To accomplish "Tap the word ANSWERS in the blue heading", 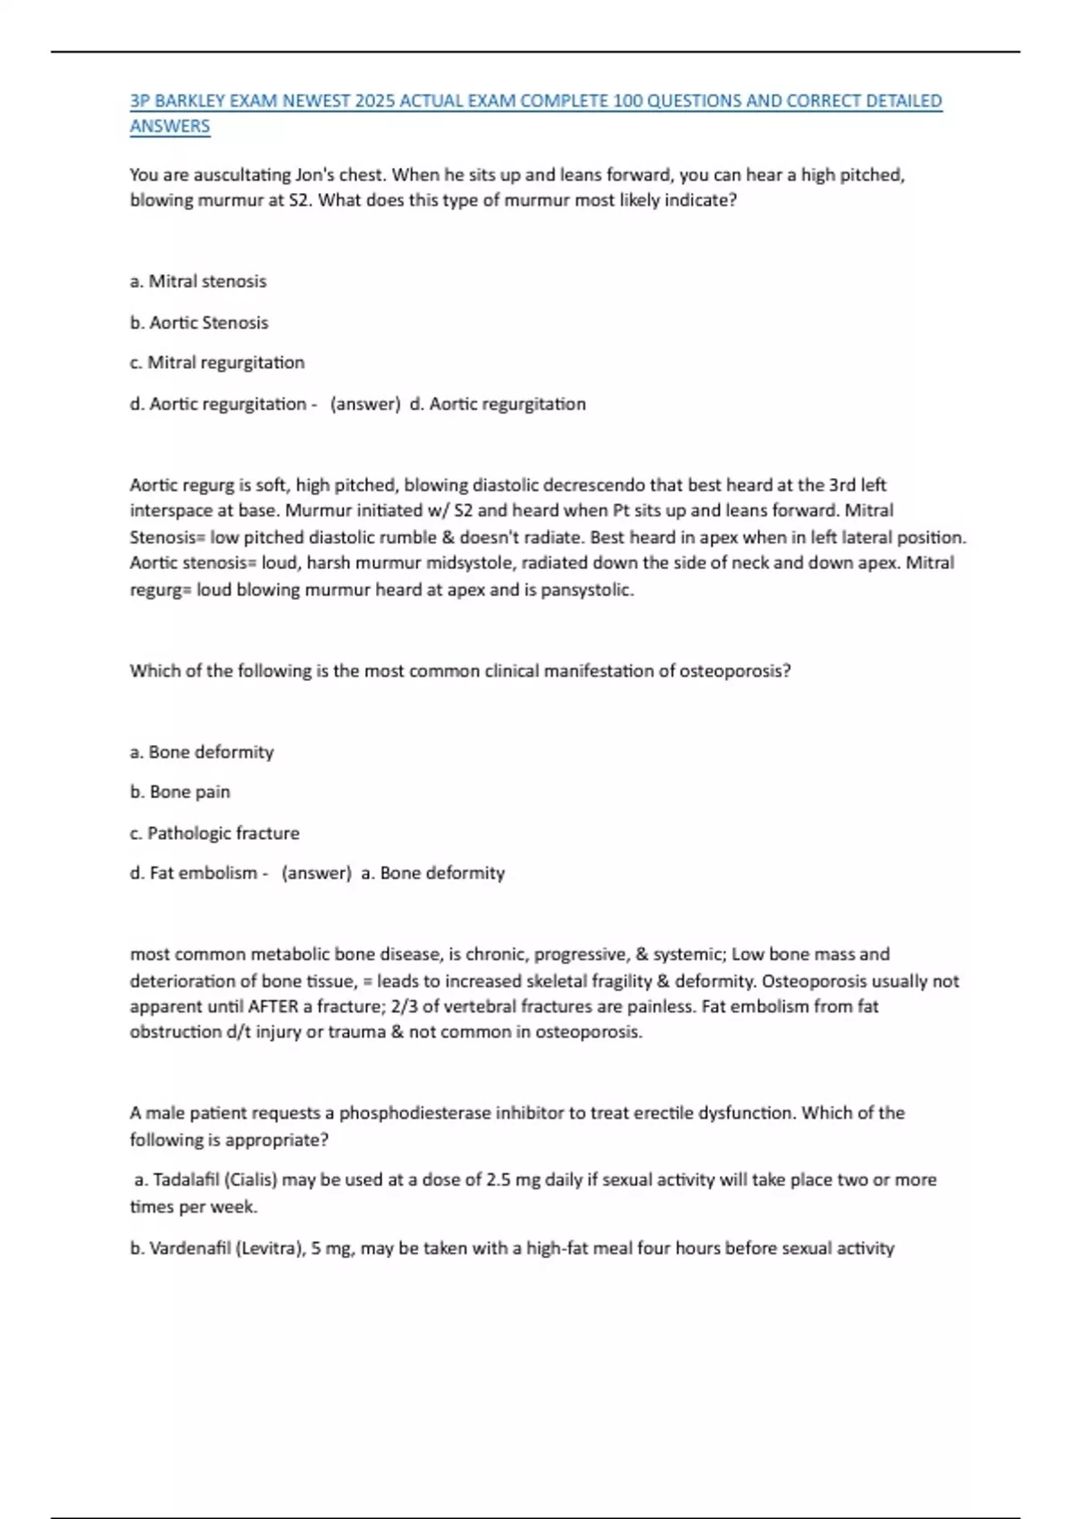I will point(170,127).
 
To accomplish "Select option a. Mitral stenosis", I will point(198,281).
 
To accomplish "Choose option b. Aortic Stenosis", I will point(199,323).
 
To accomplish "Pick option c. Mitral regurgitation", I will point(217,363).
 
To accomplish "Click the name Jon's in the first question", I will point(321,175).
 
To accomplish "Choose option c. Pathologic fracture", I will point(214,833).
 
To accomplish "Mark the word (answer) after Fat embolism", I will point(316,873).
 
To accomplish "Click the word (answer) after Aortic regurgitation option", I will point(365,404).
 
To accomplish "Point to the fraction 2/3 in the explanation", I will point(404,1006).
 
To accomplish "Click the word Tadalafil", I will point(186,1179).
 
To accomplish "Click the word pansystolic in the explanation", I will point(587,590).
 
